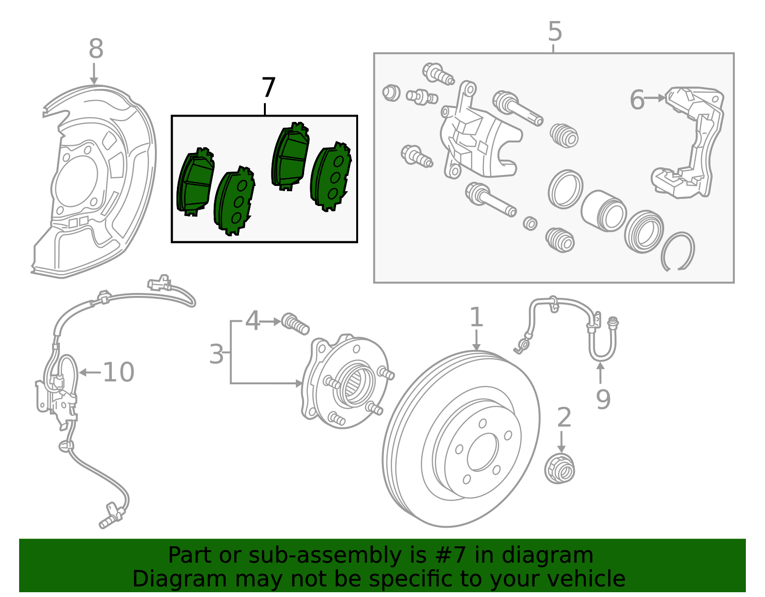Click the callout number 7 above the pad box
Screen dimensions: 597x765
[x=269, y=88]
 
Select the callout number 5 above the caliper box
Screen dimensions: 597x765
[x=555, y=32]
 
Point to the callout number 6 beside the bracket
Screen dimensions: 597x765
[x=637, y=100]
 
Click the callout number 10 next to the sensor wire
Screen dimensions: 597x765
[x=119, y=372]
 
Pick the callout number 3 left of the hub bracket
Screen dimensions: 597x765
[x=216, y=354]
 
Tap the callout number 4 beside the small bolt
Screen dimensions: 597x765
[x=252, y=321]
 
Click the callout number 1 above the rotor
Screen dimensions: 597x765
[x=476, y=317]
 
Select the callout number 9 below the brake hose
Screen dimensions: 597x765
[x=603, y=399]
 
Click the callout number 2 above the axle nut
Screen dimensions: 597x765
[x=564, y=417]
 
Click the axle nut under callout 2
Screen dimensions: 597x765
[x=560, y=469]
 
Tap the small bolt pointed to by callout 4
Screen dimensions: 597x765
[x=295, y=324]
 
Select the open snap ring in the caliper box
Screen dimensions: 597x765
[x=678, y=251]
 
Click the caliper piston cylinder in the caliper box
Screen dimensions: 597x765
[x=603, y=211]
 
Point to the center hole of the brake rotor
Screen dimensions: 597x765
[x=482, y=452]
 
